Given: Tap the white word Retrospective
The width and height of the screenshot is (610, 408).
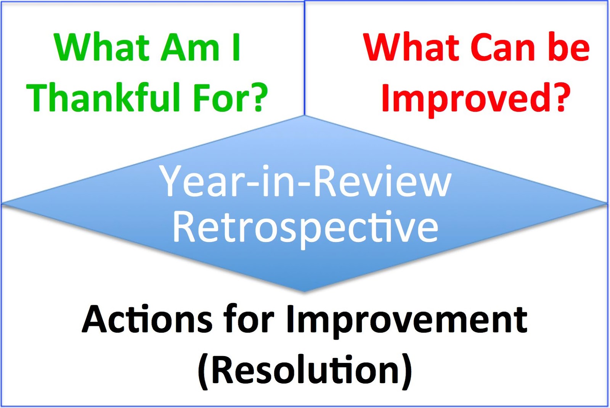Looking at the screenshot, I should click(305, 227).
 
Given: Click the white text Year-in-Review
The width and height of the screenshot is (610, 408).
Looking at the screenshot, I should click(305, 181).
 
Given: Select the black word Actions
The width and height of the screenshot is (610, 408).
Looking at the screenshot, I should click(147, 319).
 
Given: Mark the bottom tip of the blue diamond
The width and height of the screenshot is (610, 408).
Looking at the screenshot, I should click(304, 291).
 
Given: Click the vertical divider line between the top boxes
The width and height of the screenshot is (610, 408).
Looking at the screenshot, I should click(305, 57).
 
